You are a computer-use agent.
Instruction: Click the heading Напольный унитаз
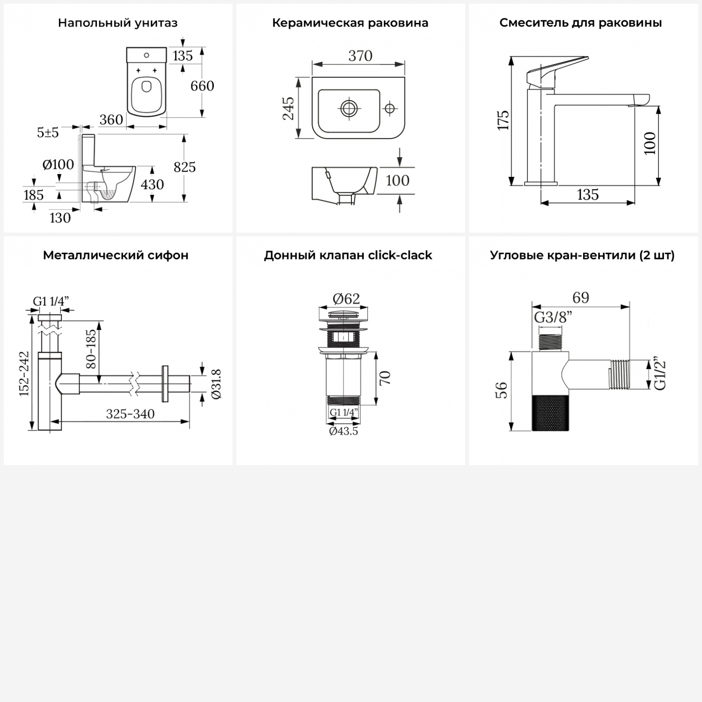click(117, 23)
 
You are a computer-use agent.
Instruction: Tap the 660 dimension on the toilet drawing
click(202, 86)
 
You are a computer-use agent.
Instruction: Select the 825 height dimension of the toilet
click(184, 167)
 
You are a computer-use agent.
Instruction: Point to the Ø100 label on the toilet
click(58, 164)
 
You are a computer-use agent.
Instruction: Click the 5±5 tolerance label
click(48, 132)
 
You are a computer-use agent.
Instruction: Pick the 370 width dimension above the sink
click(360, 56)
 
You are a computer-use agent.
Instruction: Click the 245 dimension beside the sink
click(289, 108)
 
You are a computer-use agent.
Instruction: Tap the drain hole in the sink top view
click(349, 108)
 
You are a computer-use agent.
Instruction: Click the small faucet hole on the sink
click(389, 109)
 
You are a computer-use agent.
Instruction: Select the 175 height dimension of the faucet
click(503, 120)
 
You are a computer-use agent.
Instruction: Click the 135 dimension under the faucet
click(587, 195)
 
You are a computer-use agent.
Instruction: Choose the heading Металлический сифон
click(116, 256)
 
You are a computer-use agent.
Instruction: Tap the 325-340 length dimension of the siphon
click(130, 414)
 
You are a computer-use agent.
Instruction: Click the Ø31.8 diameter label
click(216, 384)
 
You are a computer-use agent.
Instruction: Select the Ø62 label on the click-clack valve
click(346, 298)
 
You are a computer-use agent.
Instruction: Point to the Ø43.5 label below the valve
click(344, 431)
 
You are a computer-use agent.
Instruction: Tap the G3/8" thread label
click(553, 317)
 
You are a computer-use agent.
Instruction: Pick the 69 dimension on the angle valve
click(581, 297)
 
